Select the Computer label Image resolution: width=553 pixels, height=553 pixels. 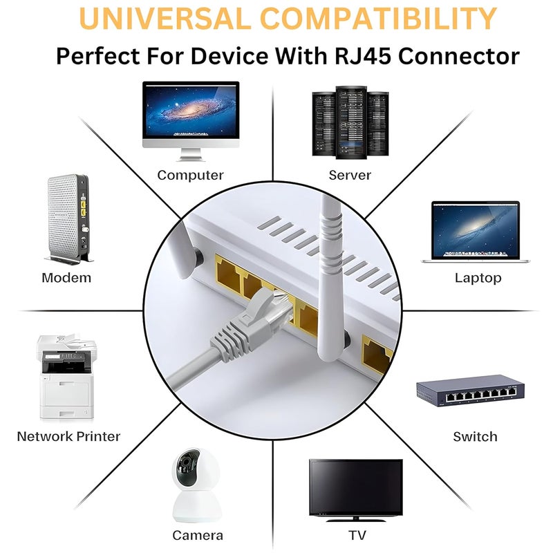coord(191,176)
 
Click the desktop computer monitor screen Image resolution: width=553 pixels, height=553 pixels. coord(191,111)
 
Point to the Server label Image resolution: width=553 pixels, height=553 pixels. coord(350,175)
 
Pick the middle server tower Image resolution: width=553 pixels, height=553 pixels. coord(351,122)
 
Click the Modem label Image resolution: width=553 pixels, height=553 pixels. coord(66,278)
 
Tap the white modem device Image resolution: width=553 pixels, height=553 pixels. coord(68,218)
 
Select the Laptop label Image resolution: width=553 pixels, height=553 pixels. coord(478,279)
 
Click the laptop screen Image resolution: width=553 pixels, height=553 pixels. coord(476,231)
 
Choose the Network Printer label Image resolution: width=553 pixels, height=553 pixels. coord(68,437)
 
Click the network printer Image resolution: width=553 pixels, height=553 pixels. coord(66,376)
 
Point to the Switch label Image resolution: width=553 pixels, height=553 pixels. coord(475,437)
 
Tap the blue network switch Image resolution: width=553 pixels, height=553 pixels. coord(470,391)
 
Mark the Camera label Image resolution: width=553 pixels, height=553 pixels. coord(198,535)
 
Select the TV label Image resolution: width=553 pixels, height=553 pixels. coord(357,535)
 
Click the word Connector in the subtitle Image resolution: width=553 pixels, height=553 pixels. coord(459,56)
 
